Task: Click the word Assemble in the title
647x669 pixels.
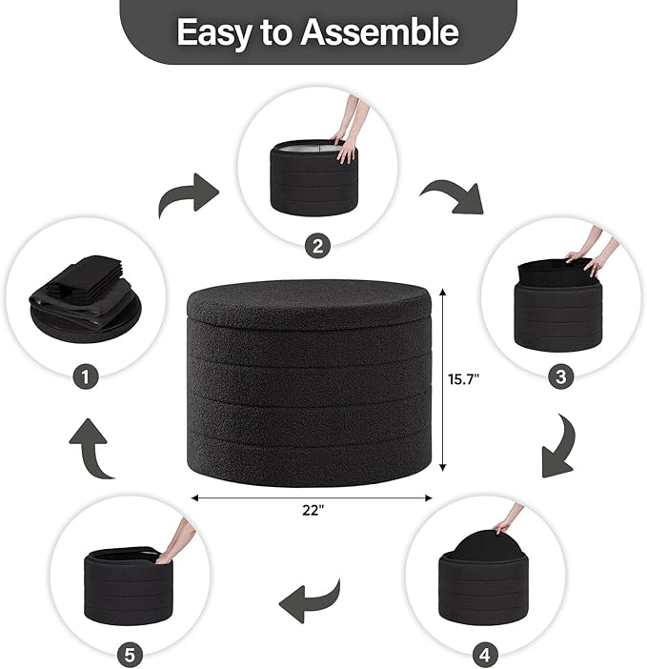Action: click(379, 32)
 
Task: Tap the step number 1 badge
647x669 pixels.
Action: click(85, 377)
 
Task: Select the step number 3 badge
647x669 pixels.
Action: click(560, 377)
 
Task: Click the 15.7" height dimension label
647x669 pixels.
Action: click(465, 378)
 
